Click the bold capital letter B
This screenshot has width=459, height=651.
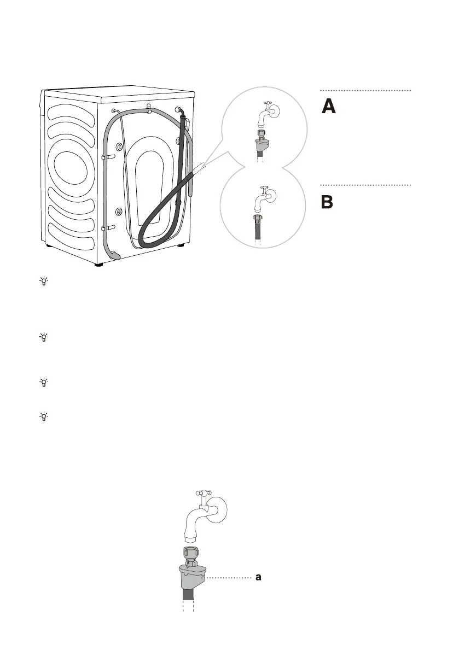coord(327,202)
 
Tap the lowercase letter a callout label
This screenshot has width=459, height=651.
coord(260,577)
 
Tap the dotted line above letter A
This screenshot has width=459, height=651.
coord(365,90)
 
